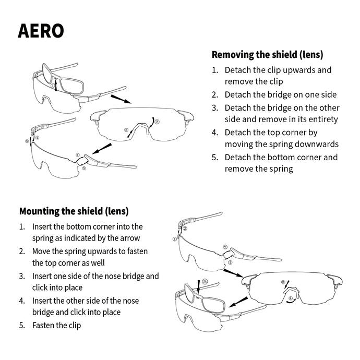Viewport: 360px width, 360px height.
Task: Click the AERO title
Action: (x=41, y=31)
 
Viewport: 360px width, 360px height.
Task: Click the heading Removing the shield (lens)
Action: (x=267, y=55)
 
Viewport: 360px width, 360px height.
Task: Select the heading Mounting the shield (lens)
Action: (x=74, y=211)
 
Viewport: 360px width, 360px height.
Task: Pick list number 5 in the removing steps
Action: (x=214, y=158)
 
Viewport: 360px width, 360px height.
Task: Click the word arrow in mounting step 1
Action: (x=131, y=238)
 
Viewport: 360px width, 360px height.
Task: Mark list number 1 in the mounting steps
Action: (x=22, y=227)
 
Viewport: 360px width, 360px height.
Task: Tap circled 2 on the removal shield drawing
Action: (x=157, y=121)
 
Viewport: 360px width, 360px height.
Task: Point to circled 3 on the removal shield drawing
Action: (x=126, y=130)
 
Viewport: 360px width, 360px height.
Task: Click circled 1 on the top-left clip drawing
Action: (x=53, y=86)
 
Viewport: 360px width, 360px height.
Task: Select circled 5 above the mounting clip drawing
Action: (x=205, y=282)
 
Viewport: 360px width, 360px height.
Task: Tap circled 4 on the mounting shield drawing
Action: (x=291, y=298)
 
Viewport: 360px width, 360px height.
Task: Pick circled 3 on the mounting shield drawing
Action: (x=283, y=282)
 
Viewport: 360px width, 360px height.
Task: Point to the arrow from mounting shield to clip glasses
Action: (x=238, y=301)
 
